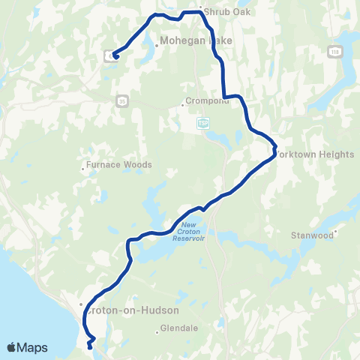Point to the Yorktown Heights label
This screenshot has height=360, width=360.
(314, 154)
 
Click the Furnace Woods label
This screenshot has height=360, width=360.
(120, 165)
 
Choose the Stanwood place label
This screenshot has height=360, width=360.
(311, 235)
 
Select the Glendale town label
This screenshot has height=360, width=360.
(179, 328)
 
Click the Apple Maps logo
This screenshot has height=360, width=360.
(27, 347)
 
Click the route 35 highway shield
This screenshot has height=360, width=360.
(121, 100)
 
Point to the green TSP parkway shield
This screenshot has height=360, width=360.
(203, 122)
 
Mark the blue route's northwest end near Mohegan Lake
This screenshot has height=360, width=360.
(115, 57)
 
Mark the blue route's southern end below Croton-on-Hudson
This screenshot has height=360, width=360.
(90, 346)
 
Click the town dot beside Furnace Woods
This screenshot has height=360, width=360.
(83, 168)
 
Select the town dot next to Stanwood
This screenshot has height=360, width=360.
(337, 232)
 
